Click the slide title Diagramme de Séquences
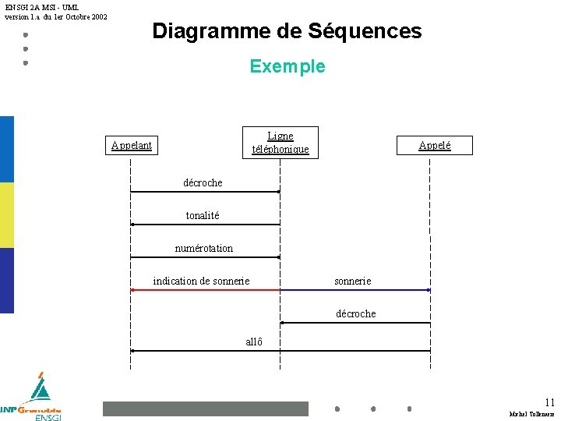287,31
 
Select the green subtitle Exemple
288,66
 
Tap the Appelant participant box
132,145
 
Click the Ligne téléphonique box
280,142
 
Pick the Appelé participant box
434,145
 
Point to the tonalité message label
203,215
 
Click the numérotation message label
203,248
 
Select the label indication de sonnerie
201,281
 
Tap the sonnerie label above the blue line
352,281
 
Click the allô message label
254,341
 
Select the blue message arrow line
355,290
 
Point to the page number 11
550,402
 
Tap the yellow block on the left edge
7,215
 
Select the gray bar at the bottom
206,409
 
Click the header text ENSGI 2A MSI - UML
42,7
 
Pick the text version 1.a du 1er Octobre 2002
56,16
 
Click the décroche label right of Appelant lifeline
203,182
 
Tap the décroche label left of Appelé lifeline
355,313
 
